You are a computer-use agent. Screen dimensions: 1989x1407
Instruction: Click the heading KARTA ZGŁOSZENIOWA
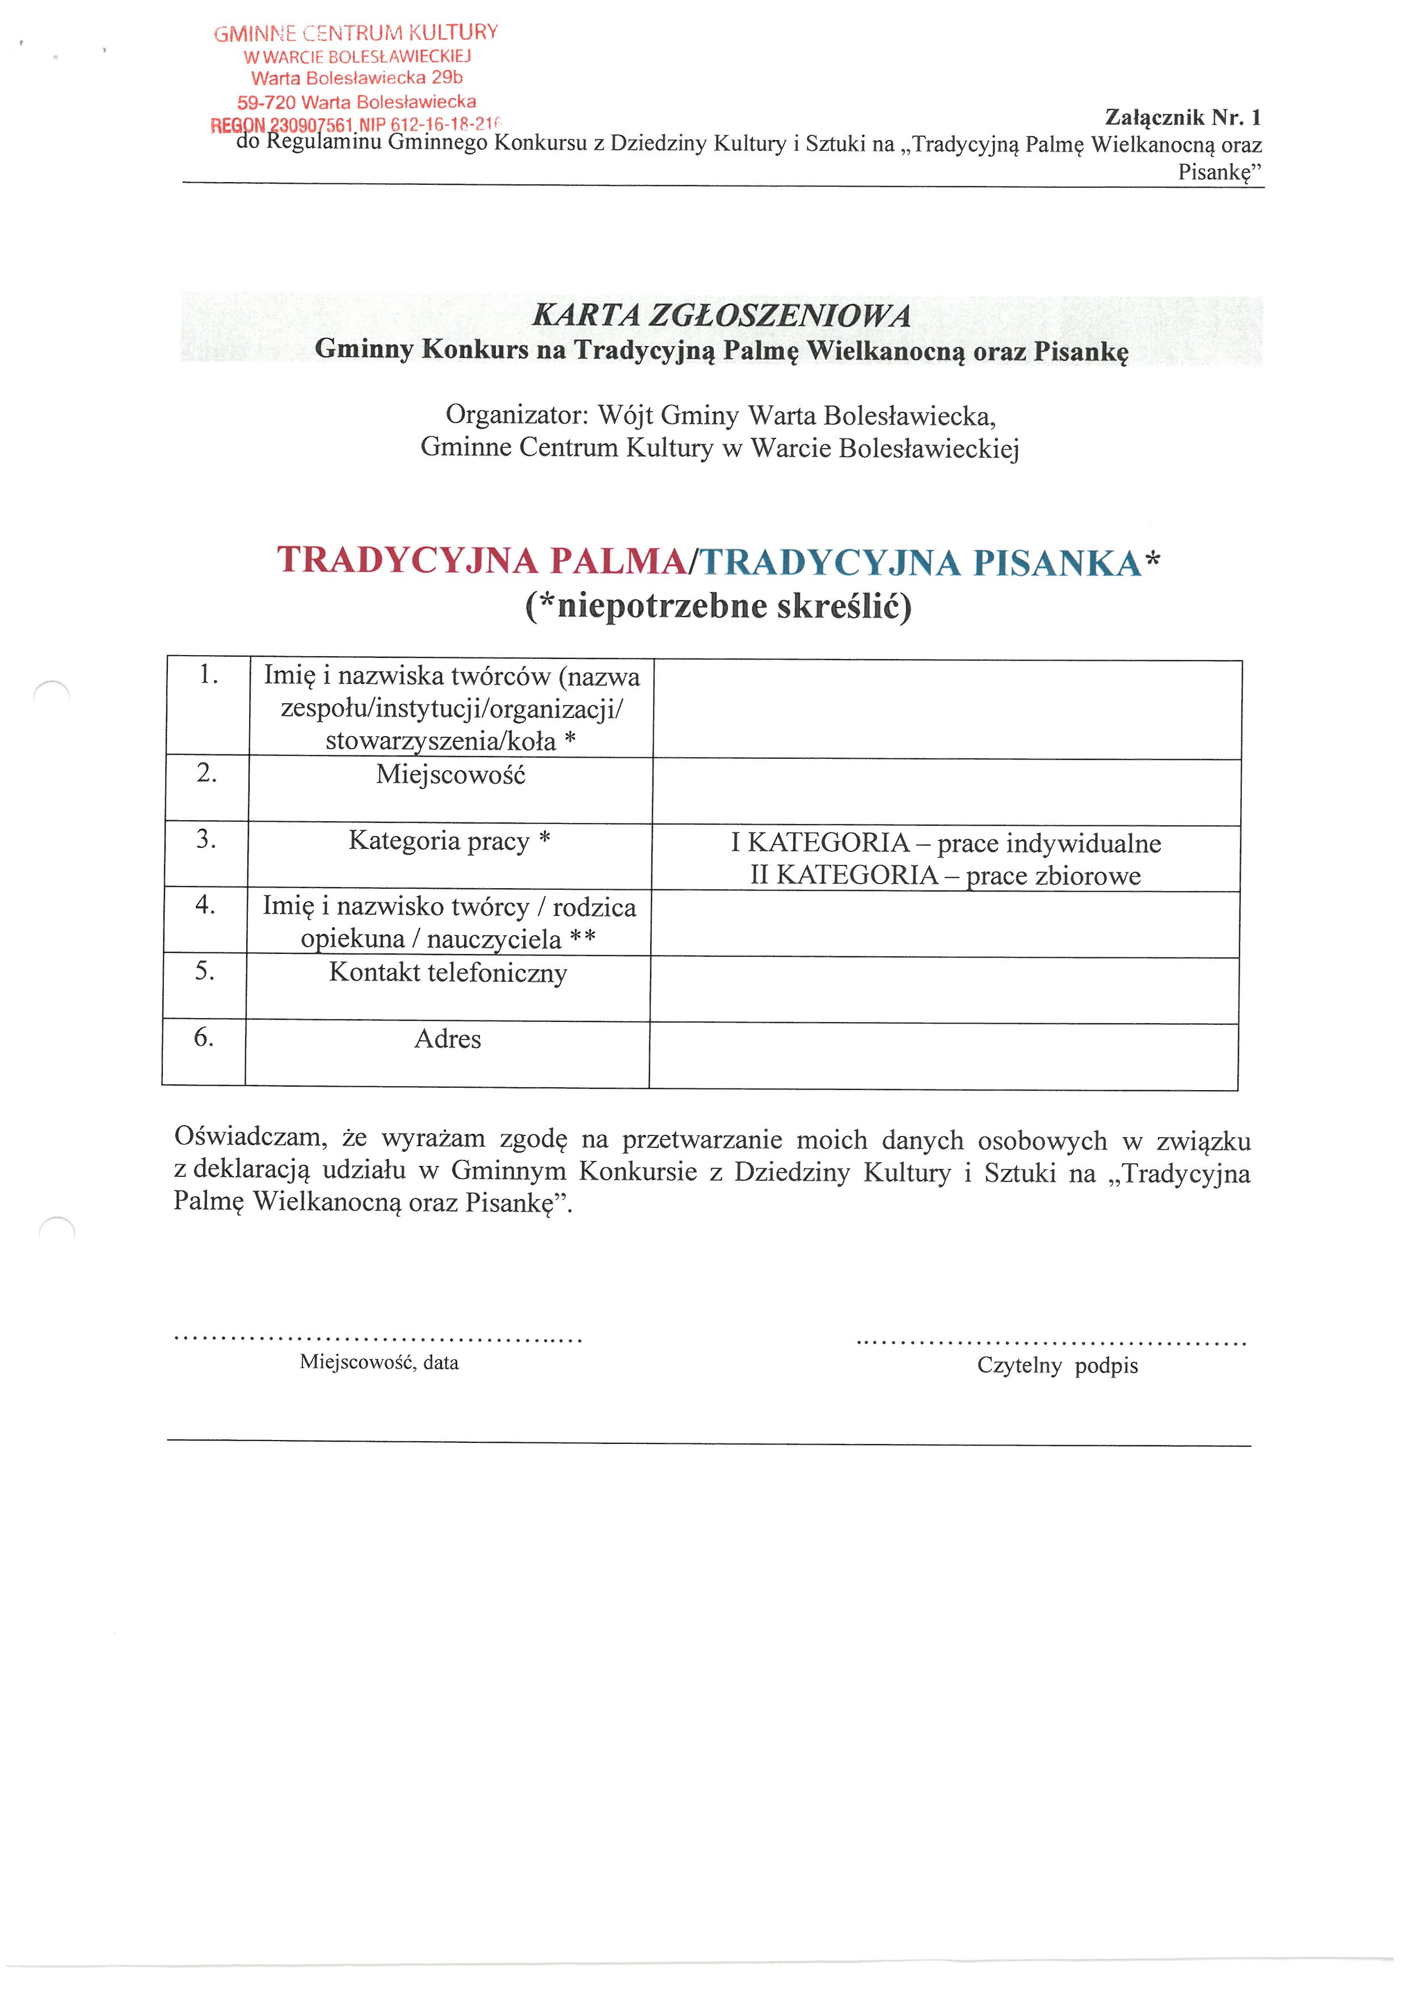coord(721,315)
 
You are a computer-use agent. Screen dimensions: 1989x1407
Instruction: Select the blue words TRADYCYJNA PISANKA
coord(921,563)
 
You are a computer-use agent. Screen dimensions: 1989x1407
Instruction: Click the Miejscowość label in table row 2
coord(450,775)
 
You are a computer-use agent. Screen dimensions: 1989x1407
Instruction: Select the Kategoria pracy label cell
coord(450,841)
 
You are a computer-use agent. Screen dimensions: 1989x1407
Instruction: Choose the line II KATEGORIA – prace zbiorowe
coord(945,875)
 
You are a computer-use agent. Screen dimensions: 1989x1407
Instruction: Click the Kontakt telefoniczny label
coord(448,973)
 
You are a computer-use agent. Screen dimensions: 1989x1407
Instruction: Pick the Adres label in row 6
coord(447,1038)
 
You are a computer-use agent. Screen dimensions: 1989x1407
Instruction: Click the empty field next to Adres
coord(943,1056)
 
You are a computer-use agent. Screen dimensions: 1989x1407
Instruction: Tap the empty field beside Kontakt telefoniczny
coord(945,990)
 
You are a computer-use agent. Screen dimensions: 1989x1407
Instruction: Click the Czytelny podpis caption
coord(1057,1366)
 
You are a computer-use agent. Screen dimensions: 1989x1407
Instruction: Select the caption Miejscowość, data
coord(380,1363)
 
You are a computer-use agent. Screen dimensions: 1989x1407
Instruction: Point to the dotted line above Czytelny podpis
coord(1051,1344)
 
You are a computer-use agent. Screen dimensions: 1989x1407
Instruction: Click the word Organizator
coord(516,415)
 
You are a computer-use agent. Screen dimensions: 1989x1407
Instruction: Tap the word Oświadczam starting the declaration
coord(250,1137)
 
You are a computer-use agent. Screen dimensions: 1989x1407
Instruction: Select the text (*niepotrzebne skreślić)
coord(718,606)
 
